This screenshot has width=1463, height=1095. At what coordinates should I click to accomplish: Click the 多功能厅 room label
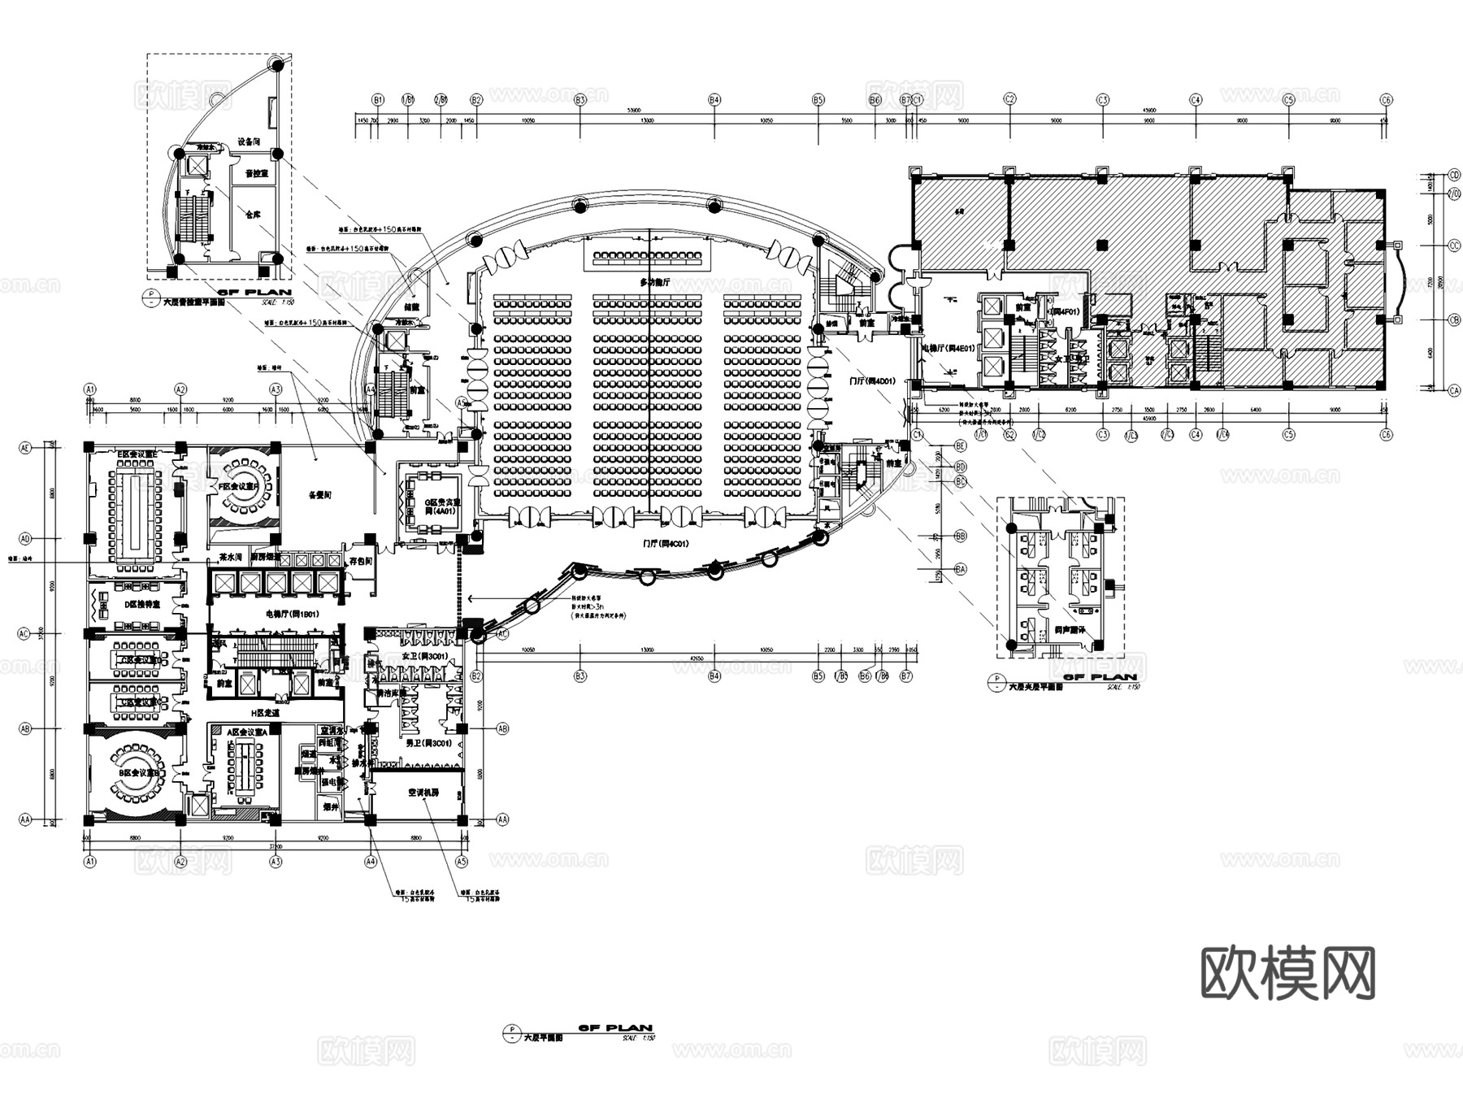click(654, 282)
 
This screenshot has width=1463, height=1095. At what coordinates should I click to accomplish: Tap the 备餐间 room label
click(320, 494)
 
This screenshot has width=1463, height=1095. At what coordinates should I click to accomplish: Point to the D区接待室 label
click(142, 605)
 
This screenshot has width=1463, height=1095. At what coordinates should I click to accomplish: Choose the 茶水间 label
click(230, 558)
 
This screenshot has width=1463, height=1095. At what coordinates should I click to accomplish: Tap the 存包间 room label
click(360, 561)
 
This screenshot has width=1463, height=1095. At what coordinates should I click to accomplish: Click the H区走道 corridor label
click(265, 712)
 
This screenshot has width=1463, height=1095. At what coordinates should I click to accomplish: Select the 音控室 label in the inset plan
click(256, 174)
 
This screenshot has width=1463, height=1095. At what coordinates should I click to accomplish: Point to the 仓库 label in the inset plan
click(253, 215)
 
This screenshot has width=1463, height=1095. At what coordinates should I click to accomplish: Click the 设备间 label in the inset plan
click(249, 141)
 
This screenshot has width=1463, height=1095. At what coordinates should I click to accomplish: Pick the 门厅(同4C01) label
click(665, 543)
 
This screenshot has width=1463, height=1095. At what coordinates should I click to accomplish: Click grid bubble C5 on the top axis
click(1288, 100)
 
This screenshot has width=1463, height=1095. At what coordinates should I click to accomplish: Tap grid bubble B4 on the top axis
click(714, 100)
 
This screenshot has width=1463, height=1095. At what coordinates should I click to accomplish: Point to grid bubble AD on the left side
click(25, 538)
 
